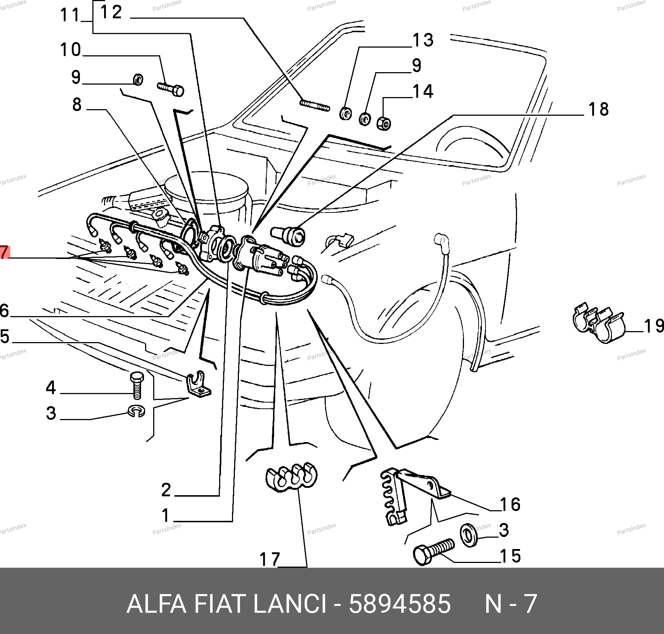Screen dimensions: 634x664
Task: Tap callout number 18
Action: pos(598,110)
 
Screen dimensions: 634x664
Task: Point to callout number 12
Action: pos(111,13)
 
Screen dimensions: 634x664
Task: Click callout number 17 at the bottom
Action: pos(270,559)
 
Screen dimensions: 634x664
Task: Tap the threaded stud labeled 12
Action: pos(315,105)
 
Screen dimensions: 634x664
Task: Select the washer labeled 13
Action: pos(345,114)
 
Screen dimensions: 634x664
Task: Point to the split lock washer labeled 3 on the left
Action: pos(137,411)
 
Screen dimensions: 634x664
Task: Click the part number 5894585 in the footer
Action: pos(399,604)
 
